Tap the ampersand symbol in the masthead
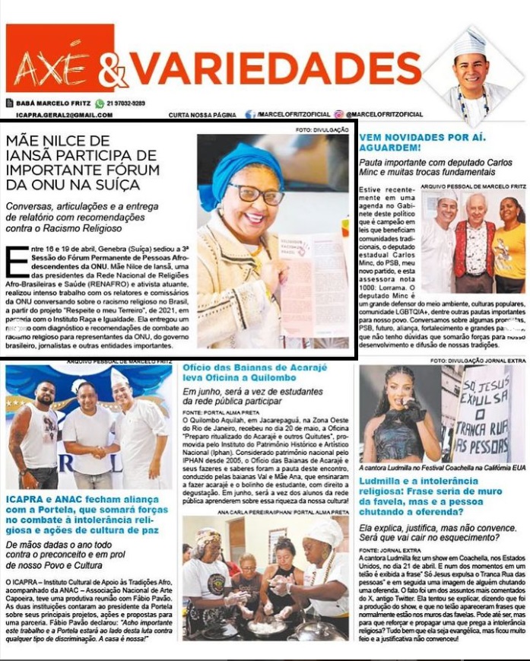tap(112, 72)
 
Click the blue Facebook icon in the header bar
tap(250, 115)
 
